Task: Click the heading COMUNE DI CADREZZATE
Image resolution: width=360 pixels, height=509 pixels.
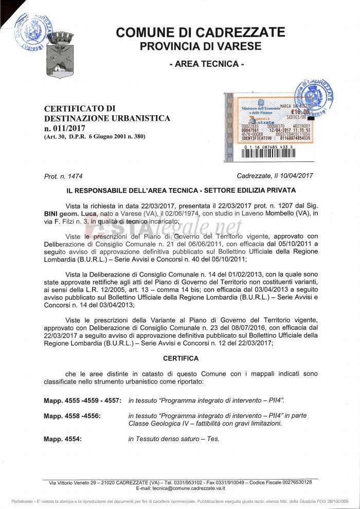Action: tap(200, 32)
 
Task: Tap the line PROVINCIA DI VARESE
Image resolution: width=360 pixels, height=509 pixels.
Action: tap(200, 46)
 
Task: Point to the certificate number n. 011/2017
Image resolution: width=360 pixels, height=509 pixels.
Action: tap(65, 128)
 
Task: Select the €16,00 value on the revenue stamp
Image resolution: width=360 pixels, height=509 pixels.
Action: tap(300, 112)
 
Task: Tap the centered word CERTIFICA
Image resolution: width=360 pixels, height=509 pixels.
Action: tap(180, 358)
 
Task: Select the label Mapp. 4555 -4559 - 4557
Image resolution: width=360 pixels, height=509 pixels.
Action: tap(82, 400)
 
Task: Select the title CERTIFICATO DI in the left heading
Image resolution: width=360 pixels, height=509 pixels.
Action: tap(79, 108)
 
